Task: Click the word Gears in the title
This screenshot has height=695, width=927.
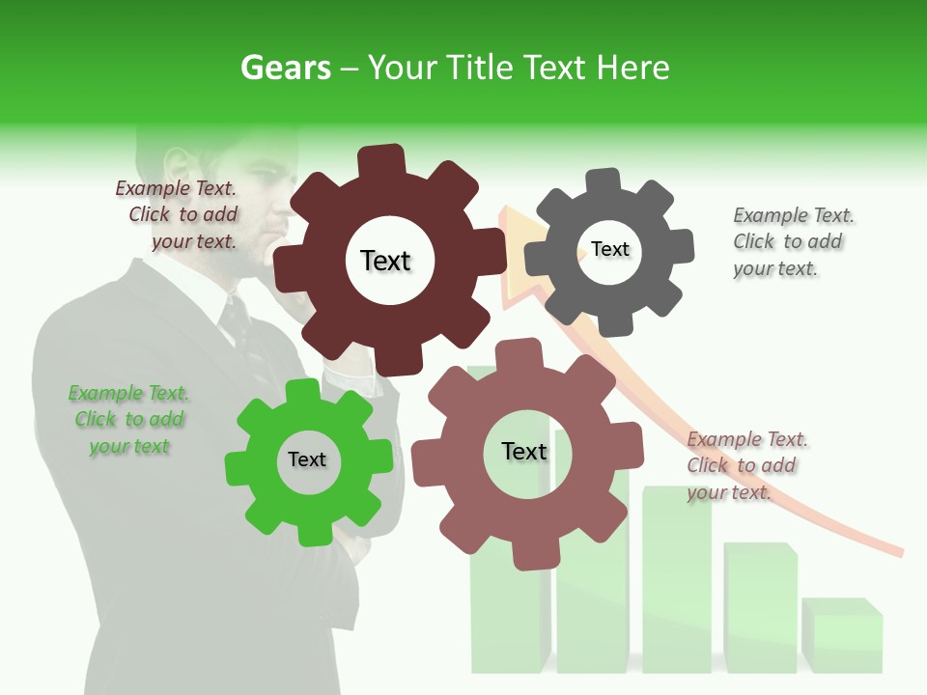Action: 285,68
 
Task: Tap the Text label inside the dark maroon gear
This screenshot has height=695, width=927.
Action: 385,261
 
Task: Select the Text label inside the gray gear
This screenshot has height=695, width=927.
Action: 610,249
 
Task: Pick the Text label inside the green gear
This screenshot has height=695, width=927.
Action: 307,459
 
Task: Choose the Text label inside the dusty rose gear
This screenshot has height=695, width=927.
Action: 524,451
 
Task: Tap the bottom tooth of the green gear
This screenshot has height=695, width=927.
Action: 311,533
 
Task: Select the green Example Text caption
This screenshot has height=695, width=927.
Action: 128,420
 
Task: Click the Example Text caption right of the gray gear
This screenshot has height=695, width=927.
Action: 793,241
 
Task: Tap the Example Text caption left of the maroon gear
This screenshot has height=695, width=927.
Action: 180,214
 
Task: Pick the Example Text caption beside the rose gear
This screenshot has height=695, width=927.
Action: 746,465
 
